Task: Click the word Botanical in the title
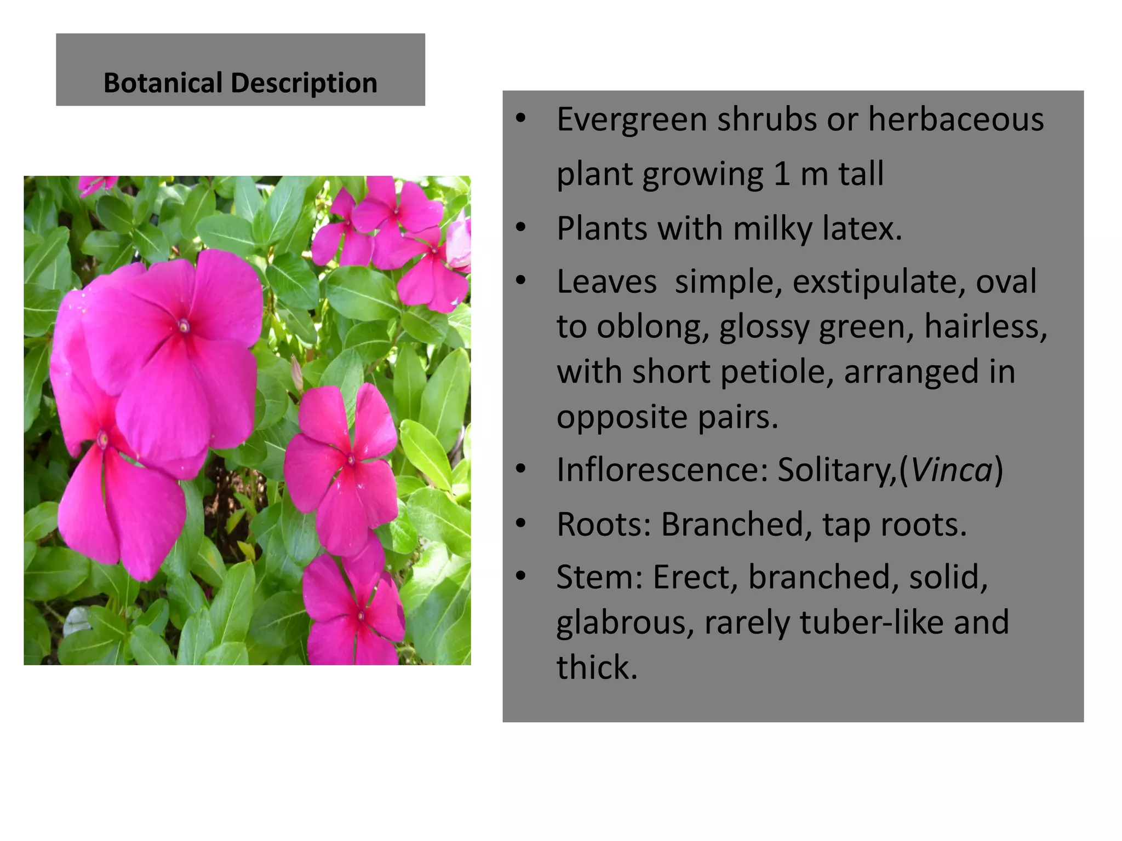coord(163,83)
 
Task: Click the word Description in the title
coord(304,83)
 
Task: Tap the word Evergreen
coord(632,119)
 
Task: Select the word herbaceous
coord(956,119)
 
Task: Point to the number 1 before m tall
coord(782,174)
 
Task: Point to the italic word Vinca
coord(952,470)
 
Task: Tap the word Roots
coord(603,525)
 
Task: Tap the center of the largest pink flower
coord(184,327)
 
